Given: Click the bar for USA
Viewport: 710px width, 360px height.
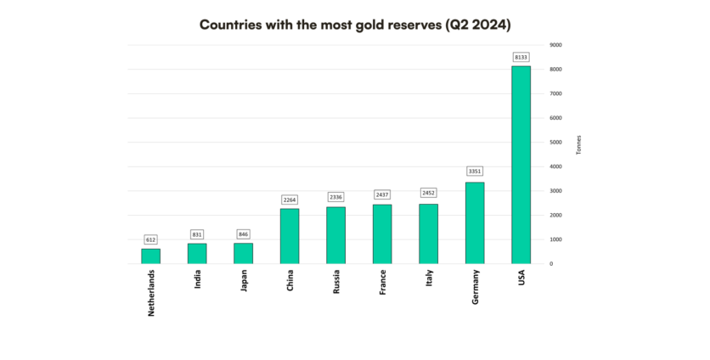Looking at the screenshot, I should (x=521, y=165).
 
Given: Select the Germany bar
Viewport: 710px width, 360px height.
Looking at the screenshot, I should (x=475, y=222).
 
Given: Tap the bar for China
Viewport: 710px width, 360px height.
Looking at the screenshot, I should (x=290, y=236).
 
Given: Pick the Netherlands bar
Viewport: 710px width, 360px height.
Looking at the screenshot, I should (x=150, y=256).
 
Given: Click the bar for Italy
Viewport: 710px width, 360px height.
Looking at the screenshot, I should (x=428, y=233).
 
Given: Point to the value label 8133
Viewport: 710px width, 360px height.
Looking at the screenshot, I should (x=521, y=57).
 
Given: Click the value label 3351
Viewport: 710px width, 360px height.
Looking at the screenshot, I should (x=475, y=172).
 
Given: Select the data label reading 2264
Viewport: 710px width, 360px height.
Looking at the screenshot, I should (x=290, y=200).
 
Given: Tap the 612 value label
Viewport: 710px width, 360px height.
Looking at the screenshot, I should (x=150, y=240).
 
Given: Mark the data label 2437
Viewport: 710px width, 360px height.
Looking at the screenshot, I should (x=382, y=195).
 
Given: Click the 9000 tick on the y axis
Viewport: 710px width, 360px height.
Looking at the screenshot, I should (x=555, y=45).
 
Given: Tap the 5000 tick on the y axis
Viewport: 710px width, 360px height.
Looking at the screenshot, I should (x=555, y=143).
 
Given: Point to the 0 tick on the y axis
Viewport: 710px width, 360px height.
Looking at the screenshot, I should (x=551, y=264).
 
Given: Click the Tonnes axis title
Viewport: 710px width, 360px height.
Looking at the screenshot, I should (x=578, y=145).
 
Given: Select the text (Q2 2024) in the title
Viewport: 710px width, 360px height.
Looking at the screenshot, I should (x=471, y=25).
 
